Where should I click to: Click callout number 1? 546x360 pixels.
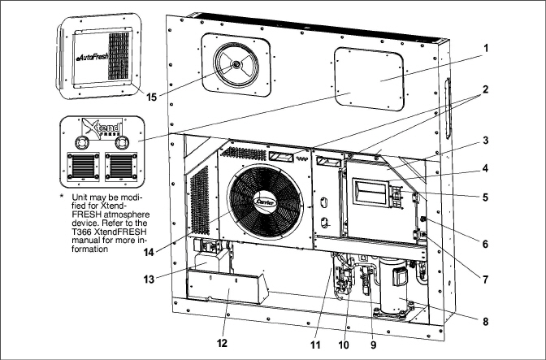pos(485,49)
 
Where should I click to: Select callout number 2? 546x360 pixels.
pos(485,90)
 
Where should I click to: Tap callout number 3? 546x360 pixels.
pos(485,140)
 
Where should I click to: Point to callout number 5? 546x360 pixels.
pos(485,197)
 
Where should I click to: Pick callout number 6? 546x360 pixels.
pos(485,243)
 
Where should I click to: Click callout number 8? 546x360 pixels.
pos(485,321)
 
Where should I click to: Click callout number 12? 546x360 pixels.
pos(222,344)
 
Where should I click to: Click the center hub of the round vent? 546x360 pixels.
pos(236,64)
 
